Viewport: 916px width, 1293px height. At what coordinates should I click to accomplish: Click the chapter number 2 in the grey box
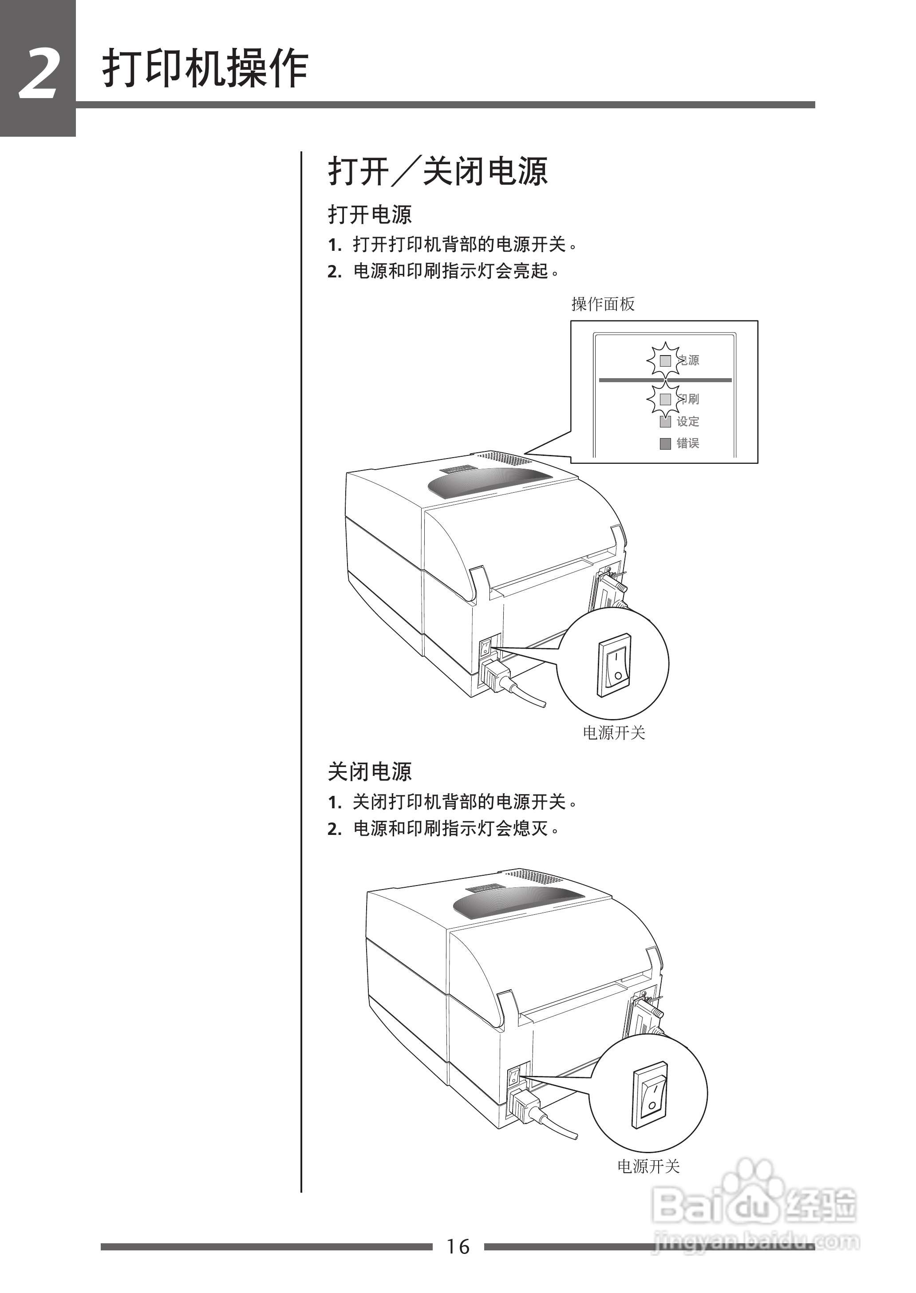[38, 74]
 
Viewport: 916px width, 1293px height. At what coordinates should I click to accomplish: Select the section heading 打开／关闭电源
[438, 171]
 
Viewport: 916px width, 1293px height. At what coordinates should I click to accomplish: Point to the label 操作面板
[603, 304]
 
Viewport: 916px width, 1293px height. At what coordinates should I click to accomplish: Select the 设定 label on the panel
[688, 421]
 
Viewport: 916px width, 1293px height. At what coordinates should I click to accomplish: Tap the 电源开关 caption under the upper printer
[614, 733]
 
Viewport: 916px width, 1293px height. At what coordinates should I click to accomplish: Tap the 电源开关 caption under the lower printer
[649, 1166]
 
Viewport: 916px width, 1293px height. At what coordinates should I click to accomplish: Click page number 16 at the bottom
[458, 1246]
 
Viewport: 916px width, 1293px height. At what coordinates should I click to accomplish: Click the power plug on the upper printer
[495, 675]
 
